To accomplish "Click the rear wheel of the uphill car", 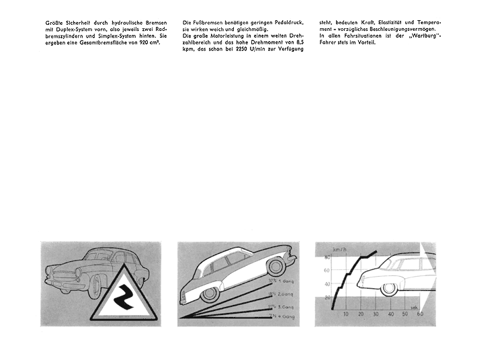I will click(x=210, y=294).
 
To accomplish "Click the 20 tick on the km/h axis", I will click(x=327, y=297).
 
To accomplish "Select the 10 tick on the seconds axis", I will click(x=345, y=314).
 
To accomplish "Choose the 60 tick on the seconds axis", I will click(x=423, y=314).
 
